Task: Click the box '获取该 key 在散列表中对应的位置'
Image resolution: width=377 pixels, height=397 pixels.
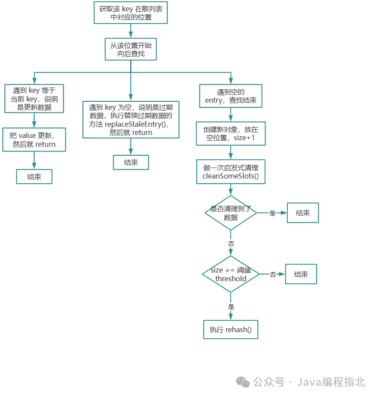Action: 131,13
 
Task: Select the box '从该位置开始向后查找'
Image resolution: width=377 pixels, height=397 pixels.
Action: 131,49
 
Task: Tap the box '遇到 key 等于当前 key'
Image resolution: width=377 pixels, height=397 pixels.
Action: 34,99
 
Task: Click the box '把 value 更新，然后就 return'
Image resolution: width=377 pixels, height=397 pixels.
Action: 34,139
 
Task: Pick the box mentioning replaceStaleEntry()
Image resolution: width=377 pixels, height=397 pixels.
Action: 131,120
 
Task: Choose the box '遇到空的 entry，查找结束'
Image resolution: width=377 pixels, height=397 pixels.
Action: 231,96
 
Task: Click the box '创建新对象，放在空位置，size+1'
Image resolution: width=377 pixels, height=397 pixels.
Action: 231,134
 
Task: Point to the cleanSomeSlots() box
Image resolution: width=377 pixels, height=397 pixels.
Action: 231,172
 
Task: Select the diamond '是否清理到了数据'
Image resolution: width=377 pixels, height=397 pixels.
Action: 231,213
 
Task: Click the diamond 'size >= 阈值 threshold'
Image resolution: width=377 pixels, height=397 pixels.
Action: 231,274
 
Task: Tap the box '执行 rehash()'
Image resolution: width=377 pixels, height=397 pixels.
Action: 231,330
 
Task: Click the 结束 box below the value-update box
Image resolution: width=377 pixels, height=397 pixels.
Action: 34,177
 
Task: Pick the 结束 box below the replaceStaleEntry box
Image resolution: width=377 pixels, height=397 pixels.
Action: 131,162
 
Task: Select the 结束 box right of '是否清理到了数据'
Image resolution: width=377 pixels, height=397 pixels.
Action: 303,213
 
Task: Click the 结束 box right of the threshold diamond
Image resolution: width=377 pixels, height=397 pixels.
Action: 301,274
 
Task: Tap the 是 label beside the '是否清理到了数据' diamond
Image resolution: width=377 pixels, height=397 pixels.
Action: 273,213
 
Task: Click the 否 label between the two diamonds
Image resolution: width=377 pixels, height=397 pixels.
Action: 231,244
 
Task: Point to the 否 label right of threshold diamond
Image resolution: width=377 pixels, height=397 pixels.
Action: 273,275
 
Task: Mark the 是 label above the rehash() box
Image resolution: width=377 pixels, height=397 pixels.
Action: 231,307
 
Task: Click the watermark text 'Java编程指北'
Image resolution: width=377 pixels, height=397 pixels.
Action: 331,382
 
